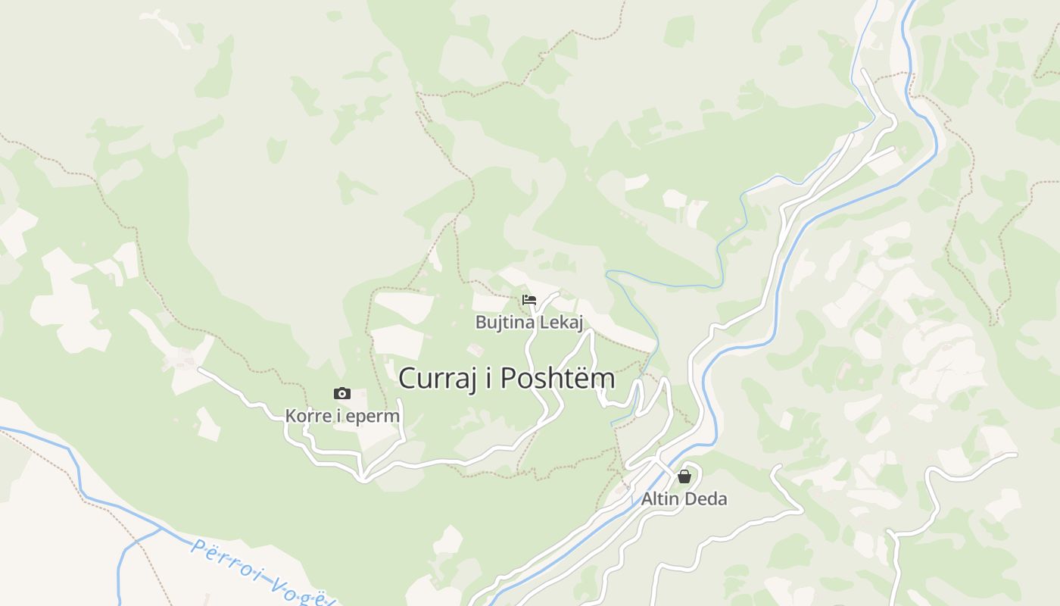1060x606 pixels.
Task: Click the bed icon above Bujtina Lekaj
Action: [529, 301]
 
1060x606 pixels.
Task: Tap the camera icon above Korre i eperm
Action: [342, 393]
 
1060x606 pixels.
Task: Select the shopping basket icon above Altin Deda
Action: [684, 476]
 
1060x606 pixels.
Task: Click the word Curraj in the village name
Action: [435, 378]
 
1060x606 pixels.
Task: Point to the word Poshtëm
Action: [558, 378]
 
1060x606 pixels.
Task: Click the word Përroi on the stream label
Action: [220, 559]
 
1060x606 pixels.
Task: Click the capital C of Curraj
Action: [407, 378]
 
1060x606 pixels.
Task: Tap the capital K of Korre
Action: [291, 416]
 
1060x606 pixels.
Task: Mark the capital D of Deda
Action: [691, 498]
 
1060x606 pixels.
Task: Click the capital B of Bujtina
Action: [481, 323]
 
